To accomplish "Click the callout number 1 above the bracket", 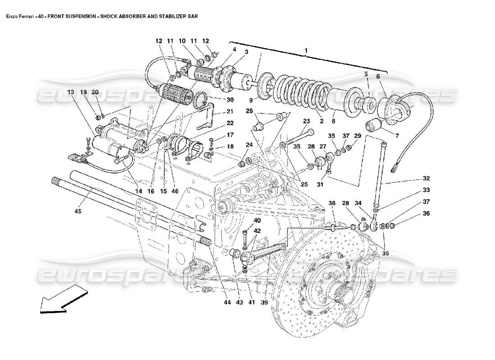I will (306, 51).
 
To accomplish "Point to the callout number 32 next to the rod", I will (426, 178).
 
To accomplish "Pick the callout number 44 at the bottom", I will (228, 302).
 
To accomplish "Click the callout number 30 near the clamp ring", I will (217, 99).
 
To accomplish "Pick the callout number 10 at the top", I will (182, 41).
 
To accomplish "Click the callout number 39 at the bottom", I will (264, 302).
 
